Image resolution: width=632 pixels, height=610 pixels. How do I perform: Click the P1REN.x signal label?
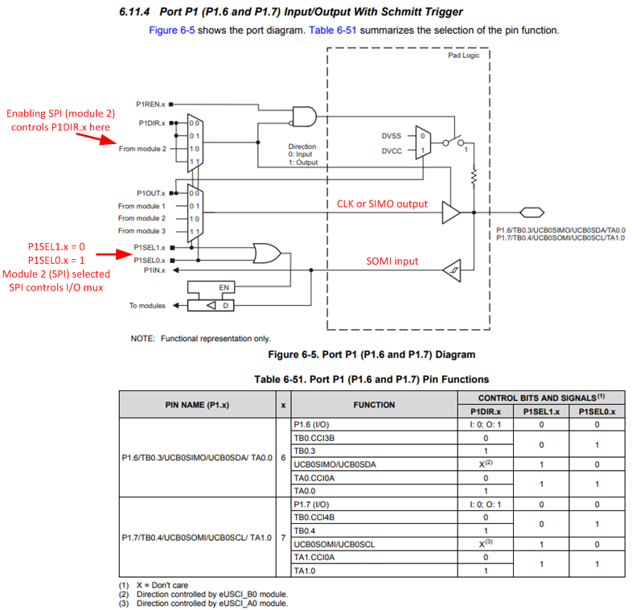coord(150,104)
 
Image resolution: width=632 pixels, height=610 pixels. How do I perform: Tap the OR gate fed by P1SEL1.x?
coord(266,254)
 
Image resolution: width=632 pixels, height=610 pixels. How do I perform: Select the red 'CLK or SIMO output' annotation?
coord(382,204)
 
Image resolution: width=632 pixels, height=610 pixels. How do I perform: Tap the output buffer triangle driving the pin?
coord(451,212)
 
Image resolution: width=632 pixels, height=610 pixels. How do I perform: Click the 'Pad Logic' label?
coord(464,56)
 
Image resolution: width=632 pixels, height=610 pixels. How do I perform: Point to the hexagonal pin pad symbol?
coord(528,212)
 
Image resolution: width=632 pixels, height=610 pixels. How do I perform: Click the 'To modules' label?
coord(147,305)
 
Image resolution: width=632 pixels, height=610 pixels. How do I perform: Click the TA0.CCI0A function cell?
coord(314,478)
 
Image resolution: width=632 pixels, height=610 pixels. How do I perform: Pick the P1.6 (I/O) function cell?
coord(310,425)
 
